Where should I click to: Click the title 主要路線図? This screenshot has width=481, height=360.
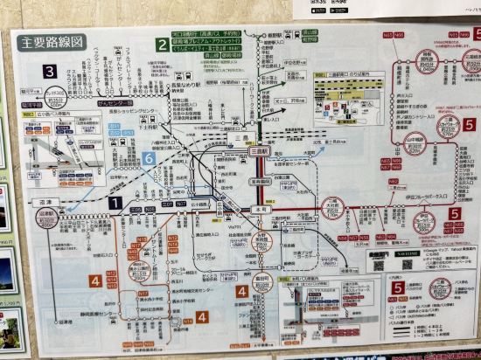pyautogui.click(x=52, y=41)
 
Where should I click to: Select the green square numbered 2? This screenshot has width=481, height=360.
pyautogui.click(x=161, y=45)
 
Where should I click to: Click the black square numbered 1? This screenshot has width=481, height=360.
pyautogui.click(x=115, y=202)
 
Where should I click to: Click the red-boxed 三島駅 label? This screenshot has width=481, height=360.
pyautogui.click(x=260, y=150)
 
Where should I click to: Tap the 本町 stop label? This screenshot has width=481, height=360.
pyautogui.click(x=260, y=209)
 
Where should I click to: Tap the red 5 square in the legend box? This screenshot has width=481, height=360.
pyautogui.click(x=398, y=287)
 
